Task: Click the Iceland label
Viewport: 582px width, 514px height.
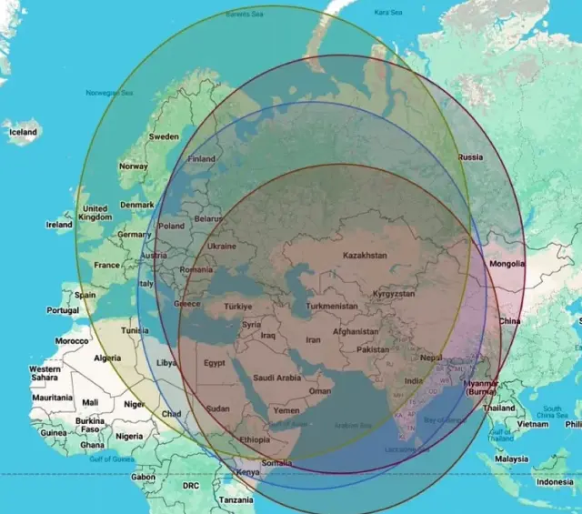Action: coord(24,132)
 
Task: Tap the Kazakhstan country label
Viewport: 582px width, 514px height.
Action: coord(364,256)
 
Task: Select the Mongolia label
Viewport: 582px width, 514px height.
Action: coord(507,264)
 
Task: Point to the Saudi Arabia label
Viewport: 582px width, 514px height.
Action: coord(276,377)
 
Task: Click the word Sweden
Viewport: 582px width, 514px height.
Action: coord(164,136)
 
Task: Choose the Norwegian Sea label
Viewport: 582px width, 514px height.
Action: coord(109,93)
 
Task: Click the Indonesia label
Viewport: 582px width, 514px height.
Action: coord(555,481)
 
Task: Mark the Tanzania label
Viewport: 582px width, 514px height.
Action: coord(236,500)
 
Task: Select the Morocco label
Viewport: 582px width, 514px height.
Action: coord(72,340)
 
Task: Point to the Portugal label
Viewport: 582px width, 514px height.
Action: coord(63,310)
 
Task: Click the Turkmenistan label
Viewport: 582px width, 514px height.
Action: coord(332,307)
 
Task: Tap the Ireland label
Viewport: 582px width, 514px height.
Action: coord(59,224)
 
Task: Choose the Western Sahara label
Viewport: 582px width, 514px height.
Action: coord(45,373)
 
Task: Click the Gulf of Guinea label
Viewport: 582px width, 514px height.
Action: coord(111,459)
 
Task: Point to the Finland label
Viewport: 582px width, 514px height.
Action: coord(201,158)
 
